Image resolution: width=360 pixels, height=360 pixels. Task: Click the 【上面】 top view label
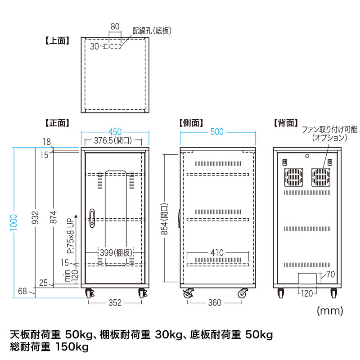57,40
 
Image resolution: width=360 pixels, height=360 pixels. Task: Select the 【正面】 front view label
57,122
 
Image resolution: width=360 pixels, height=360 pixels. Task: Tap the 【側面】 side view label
191,122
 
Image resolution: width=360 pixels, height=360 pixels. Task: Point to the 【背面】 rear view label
286,122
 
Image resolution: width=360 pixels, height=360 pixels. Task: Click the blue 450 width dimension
115,132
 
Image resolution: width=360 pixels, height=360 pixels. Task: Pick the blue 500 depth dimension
217,132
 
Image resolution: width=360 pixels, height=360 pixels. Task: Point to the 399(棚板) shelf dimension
116,252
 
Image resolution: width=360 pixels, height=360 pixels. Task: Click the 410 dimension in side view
216,253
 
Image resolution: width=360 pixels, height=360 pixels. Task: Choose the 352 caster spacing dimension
115,303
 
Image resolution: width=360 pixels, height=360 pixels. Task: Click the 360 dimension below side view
215,303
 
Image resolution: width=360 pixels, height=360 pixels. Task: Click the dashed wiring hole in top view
115,46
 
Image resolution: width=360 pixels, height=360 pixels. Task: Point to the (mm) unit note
330,310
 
